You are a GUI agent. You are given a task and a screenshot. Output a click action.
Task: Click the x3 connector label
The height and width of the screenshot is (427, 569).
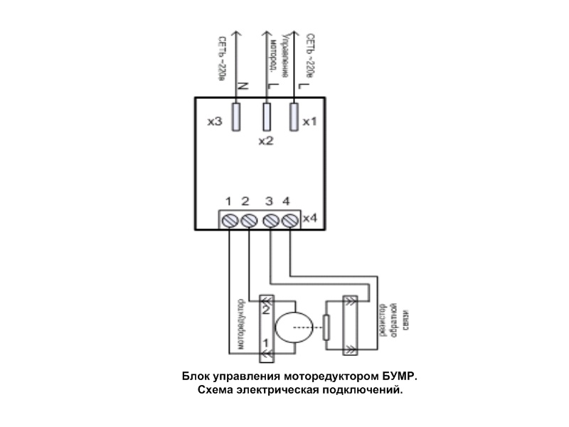214,122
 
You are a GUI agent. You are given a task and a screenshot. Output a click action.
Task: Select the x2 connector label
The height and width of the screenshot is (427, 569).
265,141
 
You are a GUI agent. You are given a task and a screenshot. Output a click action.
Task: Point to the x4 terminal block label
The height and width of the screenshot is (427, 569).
309,216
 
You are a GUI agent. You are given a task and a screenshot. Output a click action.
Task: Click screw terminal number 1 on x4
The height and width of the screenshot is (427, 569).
230,221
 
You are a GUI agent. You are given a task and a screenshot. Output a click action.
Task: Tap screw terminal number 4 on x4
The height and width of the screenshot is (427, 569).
289,221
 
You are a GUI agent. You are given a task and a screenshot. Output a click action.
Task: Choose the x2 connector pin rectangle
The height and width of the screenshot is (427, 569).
267,116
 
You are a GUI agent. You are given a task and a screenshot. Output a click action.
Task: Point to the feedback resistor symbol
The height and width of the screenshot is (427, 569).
326,327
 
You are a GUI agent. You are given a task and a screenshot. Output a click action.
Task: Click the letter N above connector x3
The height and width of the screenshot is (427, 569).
242,86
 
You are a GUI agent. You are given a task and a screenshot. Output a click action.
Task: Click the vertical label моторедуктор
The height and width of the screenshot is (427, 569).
242,323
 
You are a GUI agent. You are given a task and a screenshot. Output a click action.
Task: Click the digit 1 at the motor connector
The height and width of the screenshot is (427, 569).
265,343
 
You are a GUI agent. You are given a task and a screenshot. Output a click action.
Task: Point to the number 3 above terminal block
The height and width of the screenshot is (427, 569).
269,201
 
